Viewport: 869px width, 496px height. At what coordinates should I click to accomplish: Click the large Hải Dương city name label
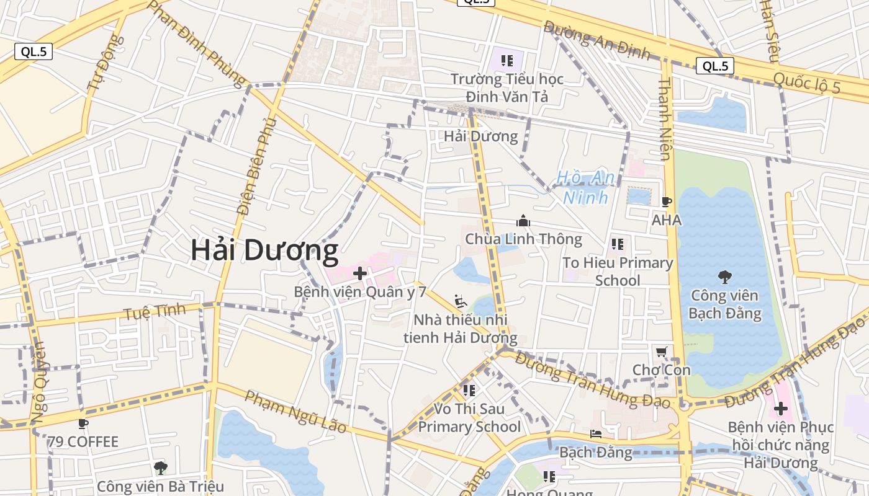coord(264,250)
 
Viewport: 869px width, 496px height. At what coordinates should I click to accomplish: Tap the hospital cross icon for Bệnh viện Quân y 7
coord(360,273)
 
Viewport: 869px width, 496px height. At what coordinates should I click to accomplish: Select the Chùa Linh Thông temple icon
coord(523,221)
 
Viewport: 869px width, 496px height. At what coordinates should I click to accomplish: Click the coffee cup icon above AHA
coord(666,201)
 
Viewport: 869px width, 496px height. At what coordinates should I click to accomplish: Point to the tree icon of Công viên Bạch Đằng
coord(724,277)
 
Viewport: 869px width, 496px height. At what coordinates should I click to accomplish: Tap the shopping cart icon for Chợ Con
coord(661,352)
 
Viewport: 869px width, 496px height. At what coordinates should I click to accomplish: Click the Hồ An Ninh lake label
coord(585,187)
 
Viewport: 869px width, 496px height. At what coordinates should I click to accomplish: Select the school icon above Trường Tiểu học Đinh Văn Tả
coord(507,61)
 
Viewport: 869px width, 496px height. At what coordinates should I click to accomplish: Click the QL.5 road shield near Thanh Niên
coord(714,66)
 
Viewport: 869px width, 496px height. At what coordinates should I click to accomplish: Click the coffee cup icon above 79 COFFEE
coord(83,424)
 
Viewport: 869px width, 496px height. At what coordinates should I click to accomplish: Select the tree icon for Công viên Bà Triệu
coord(161,467)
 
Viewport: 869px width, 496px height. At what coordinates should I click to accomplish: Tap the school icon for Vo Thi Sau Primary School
coord(469,391)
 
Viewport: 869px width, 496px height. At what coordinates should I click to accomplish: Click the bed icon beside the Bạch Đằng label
coord(596,434)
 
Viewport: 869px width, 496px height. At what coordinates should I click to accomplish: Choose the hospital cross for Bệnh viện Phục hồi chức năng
coord(781,409)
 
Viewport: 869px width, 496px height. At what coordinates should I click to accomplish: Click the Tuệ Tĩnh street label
coord(155,312)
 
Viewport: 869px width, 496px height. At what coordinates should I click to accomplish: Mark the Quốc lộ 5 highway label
coord(806,83)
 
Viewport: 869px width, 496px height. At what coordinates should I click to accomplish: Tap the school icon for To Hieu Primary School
coord(617,244)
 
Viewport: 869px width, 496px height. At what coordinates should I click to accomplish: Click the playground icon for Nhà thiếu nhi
coord(460,301)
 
